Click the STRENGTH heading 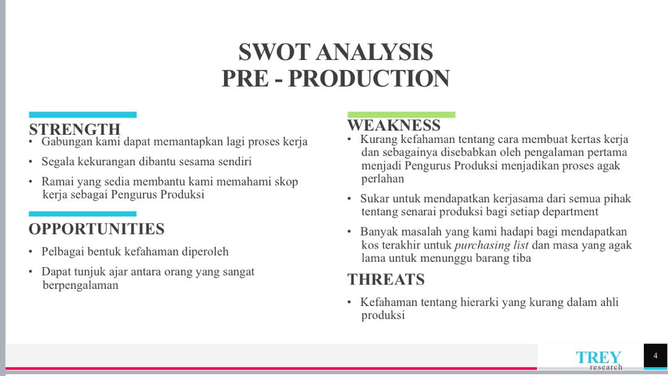click(x=75, y=129)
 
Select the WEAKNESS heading click(x=393, y=125)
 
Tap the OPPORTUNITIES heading click(x=96, y=229)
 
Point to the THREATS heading click(x=386, y=280)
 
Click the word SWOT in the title click(x=275, y=52)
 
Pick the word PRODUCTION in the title click(x=369, y=79)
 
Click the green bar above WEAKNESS click(x=401, y=114)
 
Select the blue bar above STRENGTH click(x=83, y=114)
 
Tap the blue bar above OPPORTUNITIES click(x=83, y=214)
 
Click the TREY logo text click(x=598, y=357)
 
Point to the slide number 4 click(x=655, y=356)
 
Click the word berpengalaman click(x=80, y=285)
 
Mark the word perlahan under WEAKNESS click(x=383, y=179)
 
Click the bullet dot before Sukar click(x=349, y=199)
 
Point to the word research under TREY click(x=606, y=367)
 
